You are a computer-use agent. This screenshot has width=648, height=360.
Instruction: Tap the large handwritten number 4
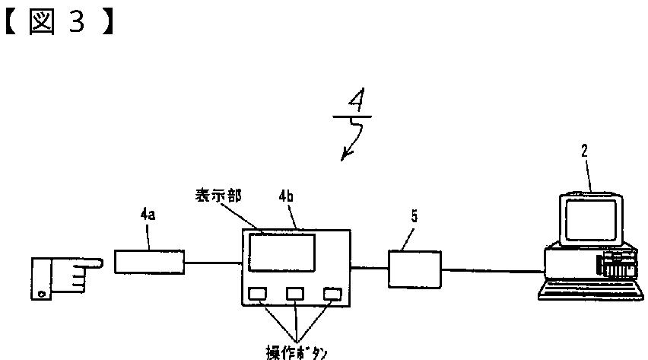pos(352,102)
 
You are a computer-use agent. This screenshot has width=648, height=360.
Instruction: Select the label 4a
pos(148,215)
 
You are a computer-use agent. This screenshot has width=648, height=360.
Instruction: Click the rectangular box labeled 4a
pos(149,261)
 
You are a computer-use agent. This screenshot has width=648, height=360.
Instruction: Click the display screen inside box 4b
pos(282,252)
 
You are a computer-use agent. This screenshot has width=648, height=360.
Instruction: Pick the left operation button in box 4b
pos(258,293)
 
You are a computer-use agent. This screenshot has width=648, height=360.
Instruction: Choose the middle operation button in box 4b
pos(295,293)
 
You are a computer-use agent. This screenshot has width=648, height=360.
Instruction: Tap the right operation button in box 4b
pos(332,293)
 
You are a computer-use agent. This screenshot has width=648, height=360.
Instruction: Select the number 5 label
pos(414,215)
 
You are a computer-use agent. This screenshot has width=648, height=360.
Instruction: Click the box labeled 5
pos(415,269)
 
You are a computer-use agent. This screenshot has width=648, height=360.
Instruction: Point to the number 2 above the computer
pos(584,151)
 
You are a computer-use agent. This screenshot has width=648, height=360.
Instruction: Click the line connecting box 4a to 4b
pos(214,263)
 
